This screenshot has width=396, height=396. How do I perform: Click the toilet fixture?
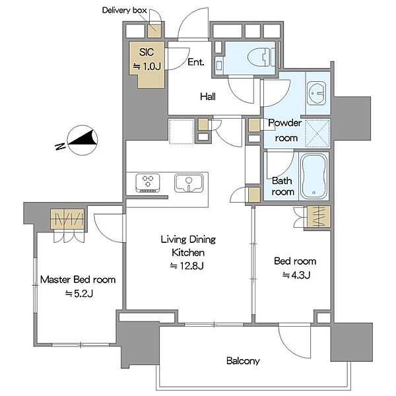[x=261, y=57]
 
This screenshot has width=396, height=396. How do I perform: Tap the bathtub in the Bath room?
[x=314, y=176]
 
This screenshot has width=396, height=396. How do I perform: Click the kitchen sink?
[x=189, y=183]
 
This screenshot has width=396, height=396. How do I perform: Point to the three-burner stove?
[x=148, y=183]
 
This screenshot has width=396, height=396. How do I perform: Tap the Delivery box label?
[x=125, y=11]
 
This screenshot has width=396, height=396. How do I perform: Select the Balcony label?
[x=243, y=361]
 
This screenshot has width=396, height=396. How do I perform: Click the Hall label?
[x=208, y=96]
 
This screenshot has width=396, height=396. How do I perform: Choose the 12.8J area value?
[x=187, y=266]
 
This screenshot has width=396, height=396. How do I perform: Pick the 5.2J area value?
[x=79, y=294]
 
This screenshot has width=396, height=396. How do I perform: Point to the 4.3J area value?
[x=296, y=275]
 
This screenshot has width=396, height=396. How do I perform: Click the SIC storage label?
[x=147, y=52]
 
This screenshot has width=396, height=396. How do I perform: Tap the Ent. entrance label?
[x=196, y=62]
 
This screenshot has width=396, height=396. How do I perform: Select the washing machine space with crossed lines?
[x=317, y=133]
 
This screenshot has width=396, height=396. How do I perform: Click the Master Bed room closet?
[x=67, y=219]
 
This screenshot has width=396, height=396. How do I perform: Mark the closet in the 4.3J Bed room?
[x=319, y=216]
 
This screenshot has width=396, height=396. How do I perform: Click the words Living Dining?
[x=188, y=240]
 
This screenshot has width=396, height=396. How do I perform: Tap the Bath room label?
[x=282, y=186]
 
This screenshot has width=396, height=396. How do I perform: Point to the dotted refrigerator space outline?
[x=181, y=131]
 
